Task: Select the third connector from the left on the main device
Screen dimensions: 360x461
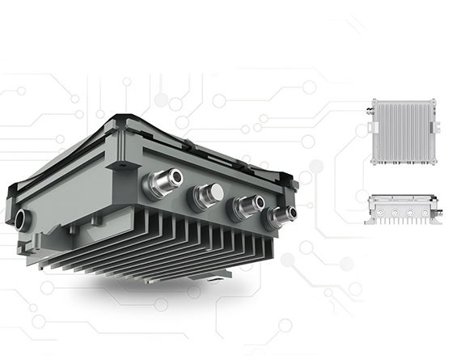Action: [x=247, y=205]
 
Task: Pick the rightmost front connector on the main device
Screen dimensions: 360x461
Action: [x=281, y=214]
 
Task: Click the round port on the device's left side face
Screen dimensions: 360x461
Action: [x=22, y=218]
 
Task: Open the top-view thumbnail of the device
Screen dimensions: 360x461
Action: [x=404, y=131]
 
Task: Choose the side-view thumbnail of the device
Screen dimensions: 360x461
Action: [x=404, y=209]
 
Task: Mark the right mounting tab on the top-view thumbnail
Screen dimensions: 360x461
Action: [x=438, y=129]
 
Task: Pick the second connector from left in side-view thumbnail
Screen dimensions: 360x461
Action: [x=397, y=212]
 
